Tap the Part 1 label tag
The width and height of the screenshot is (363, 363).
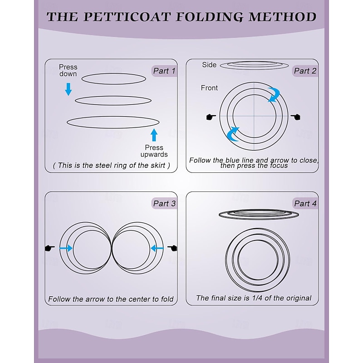pyautogui.click(x=164, y=71)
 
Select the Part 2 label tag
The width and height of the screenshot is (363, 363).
pyautogui.click(x=305, y=71)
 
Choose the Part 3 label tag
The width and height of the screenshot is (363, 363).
pyautogui.click(x=164, y=203)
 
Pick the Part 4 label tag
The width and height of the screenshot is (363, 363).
pyautogui.click(x=305, y=203)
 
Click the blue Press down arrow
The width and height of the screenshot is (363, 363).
pyautogui.click(x=68, y=88)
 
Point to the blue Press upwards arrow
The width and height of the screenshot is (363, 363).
pyautogui.click(x=154, y=135)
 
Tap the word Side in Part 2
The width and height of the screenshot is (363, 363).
pyautogui.click(x=209, y=65)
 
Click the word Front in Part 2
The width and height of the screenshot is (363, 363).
pyautogui.click(x=209, y=88)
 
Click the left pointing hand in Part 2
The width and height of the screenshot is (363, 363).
pyautogui.click(x=211, y=117)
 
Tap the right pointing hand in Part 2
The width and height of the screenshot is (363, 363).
pyautogui.click(x=297, y=117)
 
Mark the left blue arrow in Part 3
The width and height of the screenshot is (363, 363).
pyautogui.click(x=66, y=248)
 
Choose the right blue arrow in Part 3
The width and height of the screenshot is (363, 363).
pyautogui.click(x=157, y=248)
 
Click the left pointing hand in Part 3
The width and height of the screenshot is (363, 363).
pyautogui.click(x=50, y=248)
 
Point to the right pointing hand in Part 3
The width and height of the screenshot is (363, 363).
pyautogui.click(x=172, y=248)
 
